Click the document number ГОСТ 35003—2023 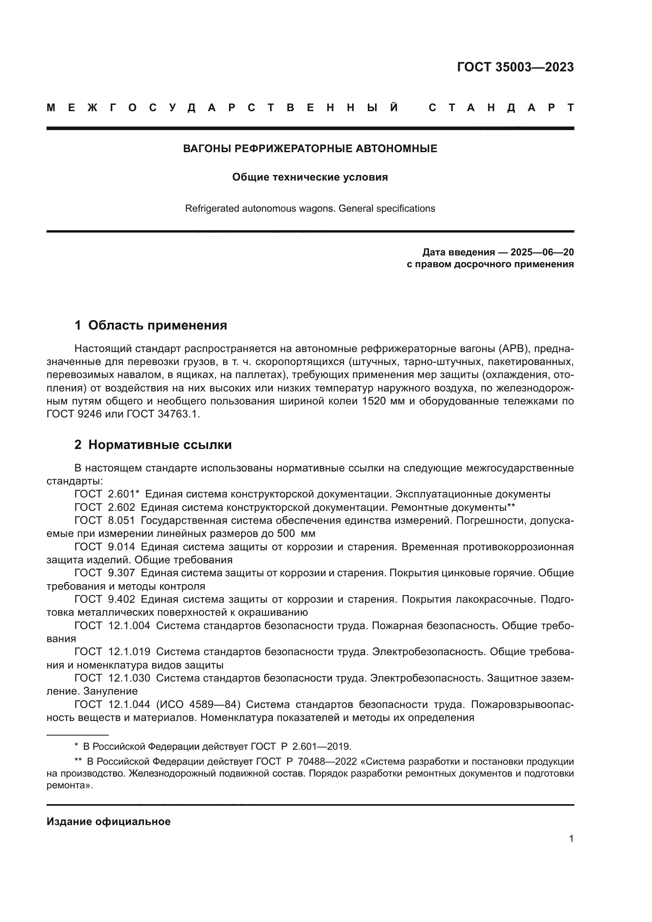pyautogui.click(x=515, y=67)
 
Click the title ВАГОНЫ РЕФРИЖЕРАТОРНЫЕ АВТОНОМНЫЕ pyautogui.click(x=310, y=149)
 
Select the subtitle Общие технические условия pyautogui.click(x=310, y=177)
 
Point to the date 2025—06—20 pyautogui.click(x=542, y=252)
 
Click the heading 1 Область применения pyautogui.click(x=151, y=325)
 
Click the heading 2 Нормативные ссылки pyautogui.click(x=153, y=445)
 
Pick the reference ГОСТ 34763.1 pyautogui.click(x=163, y=414)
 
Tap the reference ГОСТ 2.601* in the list pyautogui.click(x=107, y=494)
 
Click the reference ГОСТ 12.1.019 pyautogui.click(x=112, y=652)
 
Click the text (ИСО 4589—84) pyautogui.click(x=198, y=704)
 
